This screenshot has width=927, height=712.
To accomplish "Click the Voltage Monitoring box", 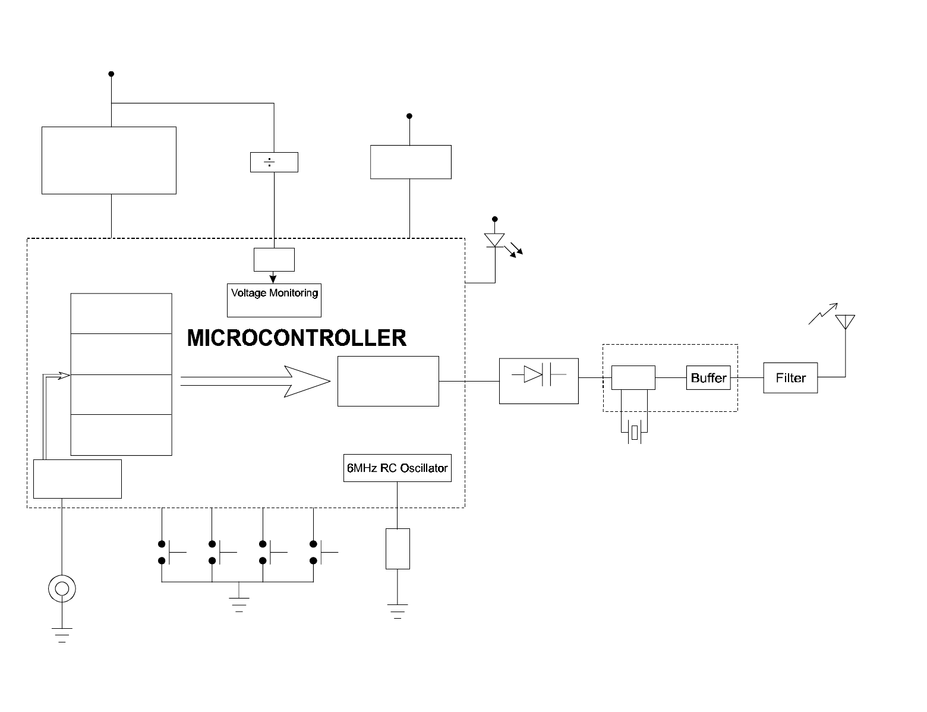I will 274,300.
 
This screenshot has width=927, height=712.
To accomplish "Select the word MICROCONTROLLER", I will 297,338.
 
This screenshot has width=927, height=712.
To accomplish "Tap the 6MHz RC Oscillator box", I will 397,468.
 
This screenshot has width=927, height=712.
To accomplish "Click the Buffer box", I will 708,378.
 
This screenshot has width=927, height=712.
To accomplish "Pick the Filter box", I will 790,378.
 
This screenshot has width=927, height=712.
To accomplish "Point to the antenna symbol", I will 845,322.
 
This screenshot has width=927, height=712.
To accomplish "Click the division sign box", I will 274,162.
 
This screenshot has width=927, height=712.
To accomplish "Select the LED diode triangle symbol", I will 494,240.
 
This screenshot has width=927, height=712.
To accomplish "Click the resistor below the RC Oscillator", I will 398,549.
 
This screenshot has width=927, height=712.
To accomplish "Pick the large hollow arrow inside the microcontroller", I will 256,381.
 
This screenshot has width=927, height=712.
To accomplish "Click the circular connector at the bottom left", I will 62,589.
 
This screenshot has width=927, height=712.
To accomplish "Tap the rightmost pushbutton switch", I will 321,552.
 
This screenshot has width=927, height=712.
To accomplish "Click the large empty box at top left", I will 109,160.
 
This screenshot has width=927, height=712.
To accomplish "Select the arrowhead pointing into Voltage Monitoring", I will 273,278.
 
